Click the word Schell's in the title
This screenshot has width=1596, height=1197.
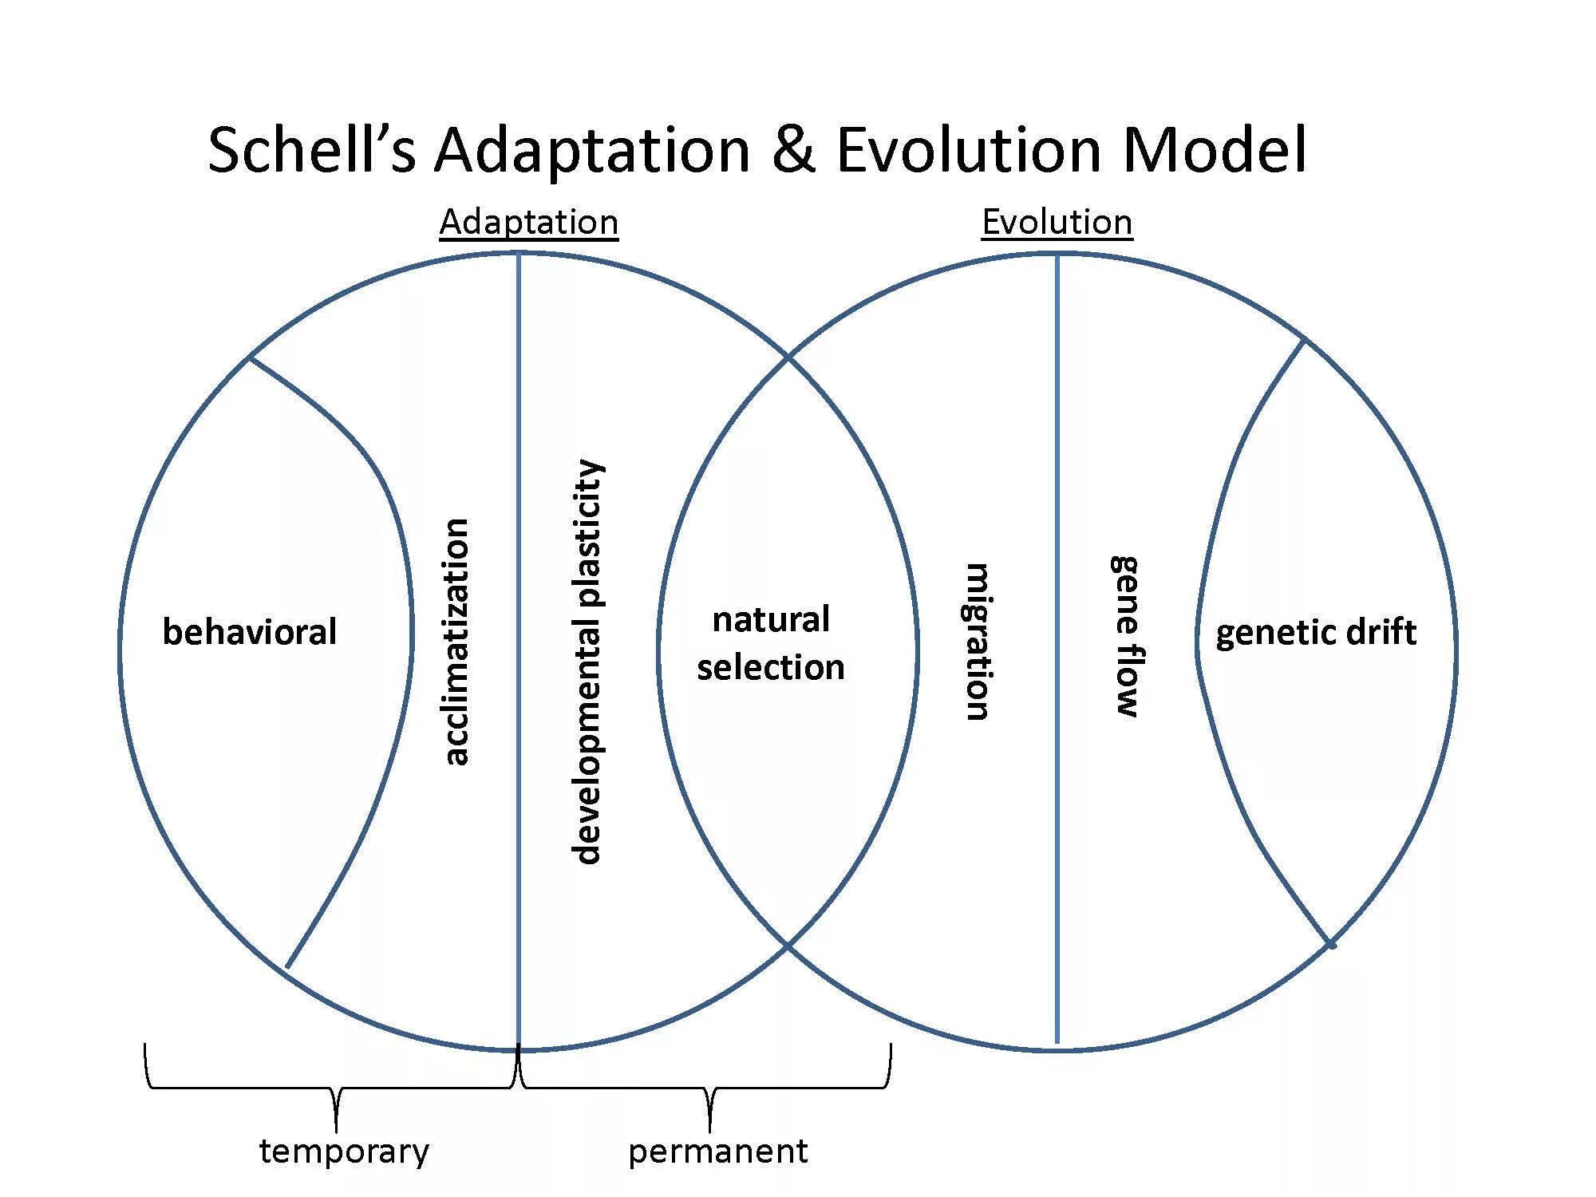click(x=312, y=149)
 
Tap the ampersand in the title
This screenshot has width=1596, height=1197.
click(x=793, y=149)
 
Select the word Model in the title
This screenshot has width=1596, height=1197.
click(x=1215, y=149)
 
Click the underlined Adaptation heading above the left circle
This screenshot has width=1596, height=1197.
click(x=528, y=222)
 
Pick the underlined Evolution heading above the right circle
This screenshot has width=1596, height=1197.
click(x=1057, y=222)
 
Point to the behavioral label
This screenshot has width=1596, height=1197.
click(x=250, y=632)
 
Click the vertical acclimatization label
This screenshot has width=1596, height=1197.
click(x=456, y=642)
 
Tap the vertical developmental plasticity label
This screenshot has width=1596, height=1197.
click(x=587, y=662)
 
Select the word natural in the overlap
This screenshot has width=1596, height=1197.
click(x=771, y=619)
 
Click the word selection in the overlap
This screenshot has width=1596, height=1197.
click(x=771, y=667)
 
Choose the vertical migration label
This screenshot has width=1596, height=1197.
click(x=978, y=642)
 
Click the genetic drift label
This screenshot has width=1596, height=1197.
click(x=1316, y=633)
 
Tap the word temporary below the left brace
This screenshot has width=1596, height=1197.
click(x=344, y=1152)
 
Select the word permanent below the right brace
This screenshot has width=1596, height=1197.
click(x=718, y=1152)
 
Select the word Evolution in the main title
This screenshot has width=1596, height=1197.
click(x=969, y=149)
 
